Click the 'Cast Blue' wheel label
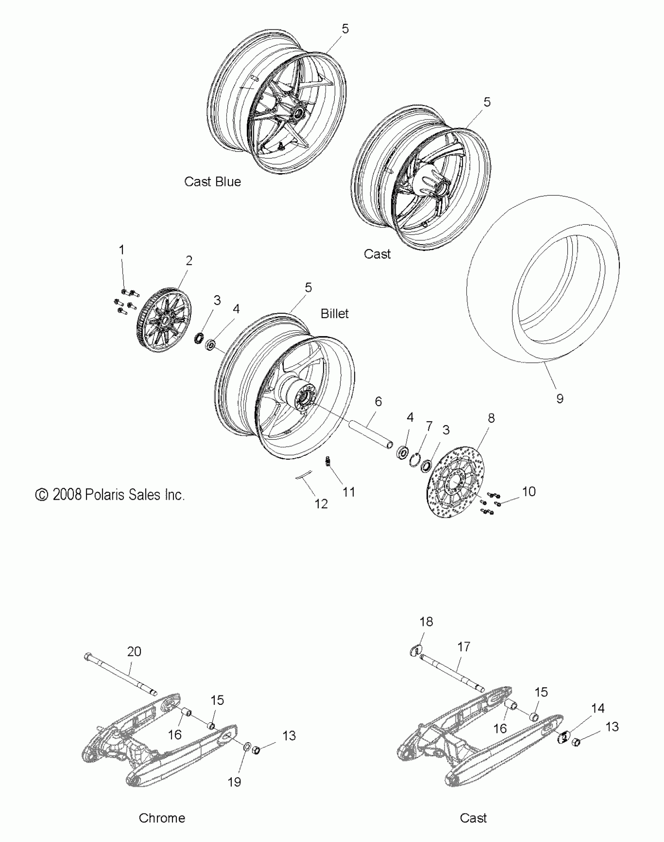(212, 182)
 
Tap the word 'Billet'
(334, 314)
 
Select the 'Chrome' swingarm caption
(162, 818)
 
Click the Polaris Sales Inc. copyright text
(110, 495)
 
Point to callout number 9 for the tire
(560, 399)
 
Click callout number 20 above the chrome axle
(134, 652)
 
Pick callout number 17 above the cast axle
(464, 647)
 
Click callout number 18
(426, 622)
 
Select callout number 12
(321, 504)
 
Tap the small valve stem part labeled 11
(328, 462)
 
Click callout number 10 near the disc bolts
(529, 491)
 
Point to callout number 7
(429, 426)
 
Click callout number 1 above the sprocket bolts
(121, 250)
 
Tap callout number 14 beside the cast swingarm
(598, 708)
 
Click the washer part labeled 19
(247, 747)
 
